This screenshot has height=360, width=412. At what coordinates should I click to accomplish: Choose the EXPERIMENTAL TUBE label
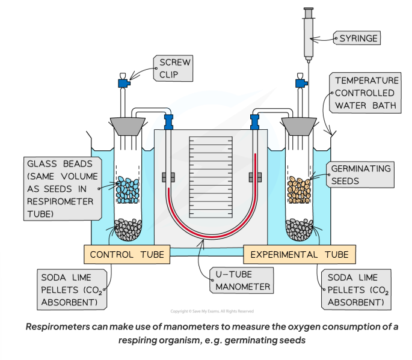pyautogui.click(x=297, y=255)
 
